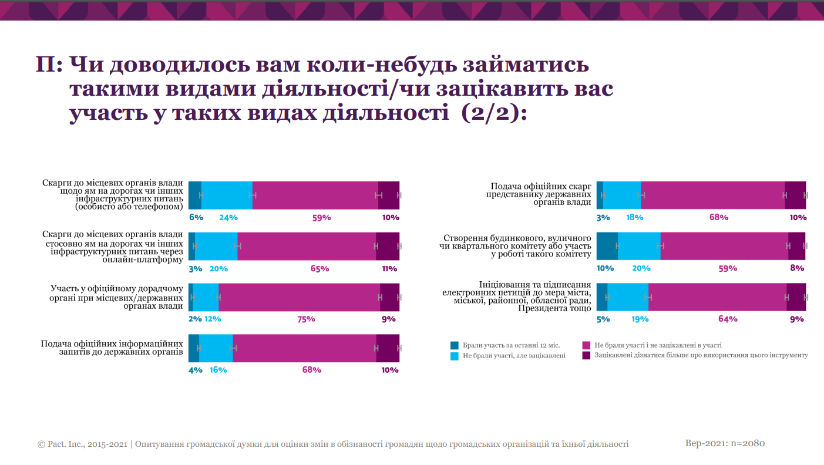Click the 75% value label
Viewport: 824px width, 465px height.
(x=306, y=319)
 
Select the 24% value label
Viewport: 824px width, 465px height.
(x=228, y=218)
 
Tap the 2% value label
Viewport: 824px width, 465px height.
(x=195, y=319)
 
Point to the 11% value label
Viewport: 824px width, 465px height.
(x=389, y=269)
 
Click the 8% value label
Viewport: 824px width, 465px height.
(x=797, y=268)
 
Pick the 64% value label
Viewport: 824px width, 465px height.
(x=728, y=319)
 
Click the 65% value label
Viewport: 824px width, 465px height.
(x=319, y=269)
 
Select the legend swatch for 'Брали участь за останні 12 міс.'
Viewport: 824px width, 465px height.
(x=455, y=345)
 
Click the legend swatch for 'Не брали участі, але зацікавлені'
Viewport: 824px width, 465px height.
(x=455, y=356)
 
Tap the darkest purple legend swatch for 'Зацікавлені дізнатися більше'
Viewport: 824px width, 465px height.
(x=586, y=356)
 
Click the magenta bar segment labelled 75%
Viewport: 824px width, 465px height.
(x=299, y=297)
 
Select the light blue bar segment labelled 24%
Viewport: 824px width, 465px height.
(x=227, y=195)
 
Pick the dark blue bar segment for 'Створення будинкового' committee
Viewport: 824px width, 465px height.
(x=607, y=246)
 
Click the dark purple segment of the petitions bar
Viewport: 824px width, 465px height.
(x=796, y=297)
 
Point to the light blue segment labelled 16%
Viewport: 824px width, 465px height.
(x=216, y=348)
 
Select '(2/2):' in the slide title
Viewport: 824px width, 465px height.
(x=495, y=113)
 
